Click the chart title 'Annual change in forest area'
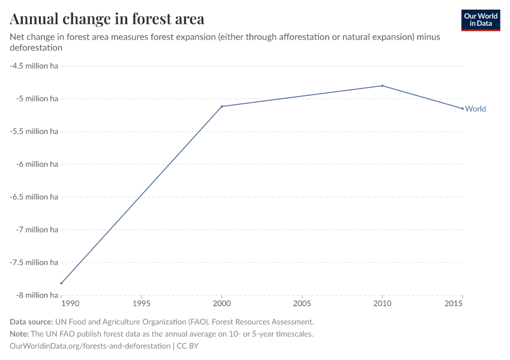(107, 19)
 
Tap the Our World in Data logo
(480, 20)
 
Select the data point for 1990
(61, 283)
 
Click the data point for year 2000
(222, 106)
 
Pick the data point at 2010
(382, 86)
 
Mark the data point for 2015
(463, 109)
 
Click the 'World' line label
(475, 109)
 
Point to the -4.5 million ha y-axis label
(34, 65)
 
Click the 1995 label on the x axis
(142, 304)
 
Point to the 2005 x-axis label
(302, 304)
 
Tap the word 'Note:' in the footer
(20, 334)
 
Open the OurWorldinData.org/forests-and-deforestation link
(90, 346)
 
